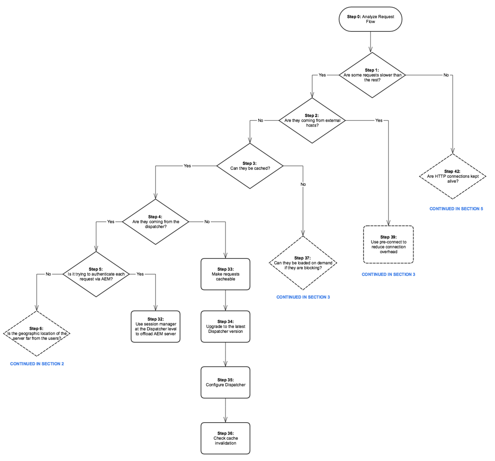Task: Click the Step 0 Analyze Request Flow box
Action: click(370, 19)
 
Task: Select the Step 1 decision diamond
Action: click(372, 75)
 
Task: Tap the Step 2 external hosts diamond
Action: click(312, 120)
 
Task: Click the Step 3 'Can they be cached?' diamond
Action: click(250, 166)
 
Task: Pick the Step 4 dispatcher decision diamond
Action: click(156, 222)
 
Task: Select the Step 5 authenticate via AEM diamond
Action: click(96, 274)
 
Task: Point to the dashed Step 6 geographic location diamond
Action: click(37, 334)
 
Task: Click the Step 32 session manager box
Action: click(156, 327)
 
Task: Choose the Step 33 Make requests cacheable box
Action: click(225, 274)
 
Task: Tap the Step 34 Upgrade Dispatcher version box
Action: click(225, 327)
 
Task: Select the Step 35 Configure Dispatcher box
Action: click(225, 382)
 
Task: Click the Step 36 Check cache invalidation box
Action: click(225, 438)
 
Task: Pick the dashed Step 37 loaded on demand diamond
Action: click(303, 263)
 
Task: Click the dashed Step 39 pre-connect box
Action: click(388, 245)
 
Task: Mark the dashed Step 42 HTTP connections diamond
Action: click(453, 176)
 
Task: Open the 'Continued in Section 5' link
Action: click(456, 209)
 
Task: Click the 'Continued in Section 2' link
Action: click(37, 364)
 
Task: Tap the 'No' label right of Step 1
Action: click(446, 75)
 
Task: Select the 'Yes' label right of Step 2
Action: click(379, 120)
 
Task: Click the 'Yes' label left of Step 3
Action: click(187, 166)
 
